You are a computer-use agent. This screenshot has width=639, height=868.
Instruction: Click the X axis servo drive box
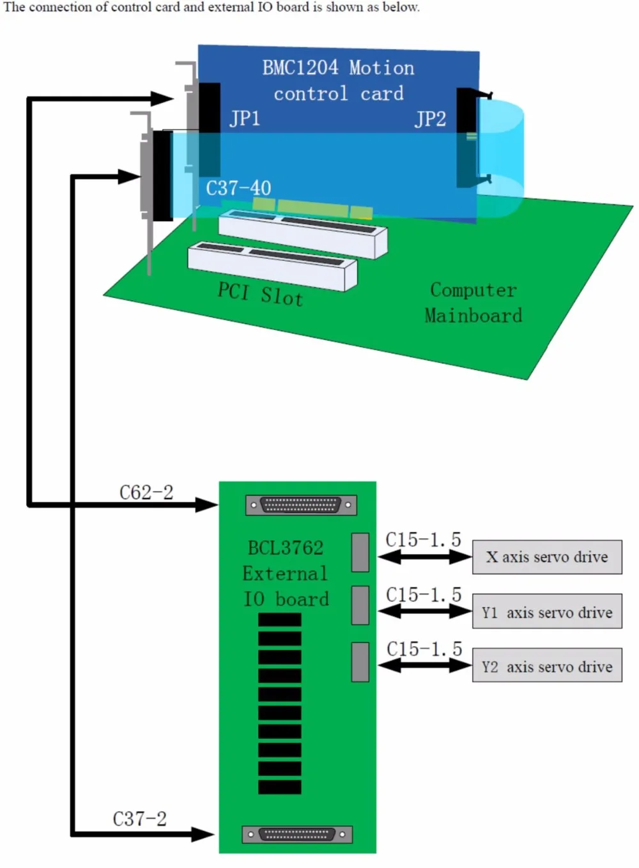pos(547,557)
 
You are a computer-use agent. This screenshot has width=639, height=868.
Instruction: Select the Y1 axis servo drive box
pos(547,611)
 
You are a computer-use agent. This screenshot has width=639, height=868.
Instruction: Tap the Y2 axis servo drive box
pos(547,665)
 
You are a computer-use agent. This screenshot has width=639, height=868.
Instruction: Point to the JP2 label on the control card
pos(430,119)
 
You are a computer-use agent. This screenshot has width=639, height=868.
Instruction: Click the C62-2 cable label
pos(146,493)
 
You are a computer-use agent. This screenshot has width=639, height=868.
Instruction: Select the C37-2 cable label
pos(140,819)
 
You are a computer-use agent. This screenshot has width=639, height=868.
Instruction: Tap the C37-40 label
pos(238,189)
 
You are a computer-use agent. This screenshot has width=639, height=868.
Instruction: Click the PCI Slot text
pos(260,294)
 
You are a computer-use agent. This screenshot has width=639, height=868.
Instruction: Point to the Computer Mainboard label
pos(473,302)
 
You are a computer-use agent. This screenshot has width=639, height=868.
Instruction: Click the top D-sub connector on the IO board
pos(301,505)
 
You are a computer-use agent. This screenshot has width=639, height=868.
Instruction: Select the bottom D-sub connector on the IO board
pos(297,834)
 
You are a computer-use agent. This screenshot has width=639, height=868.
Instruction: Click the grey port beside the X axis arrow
pos(360,552)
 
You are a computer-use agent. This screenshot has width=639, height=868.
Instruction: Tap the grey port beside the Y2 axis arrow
pos(360,662)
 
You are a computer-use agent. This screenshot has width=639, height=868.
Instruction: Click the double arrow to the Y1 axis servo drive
pos(425,611)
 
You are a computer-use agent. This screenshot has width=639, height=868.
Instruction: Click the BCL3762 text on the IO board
pos(286,548)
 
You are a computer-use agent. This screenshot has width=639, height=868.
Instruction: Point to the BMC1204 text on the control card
pos(300,68)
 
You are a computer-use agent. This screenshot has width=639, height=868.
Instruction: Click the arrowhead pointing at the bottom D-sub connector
pos(203,834)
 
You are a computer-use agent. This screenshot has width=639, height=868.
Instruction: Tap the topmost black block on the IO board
pos(280,619)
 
